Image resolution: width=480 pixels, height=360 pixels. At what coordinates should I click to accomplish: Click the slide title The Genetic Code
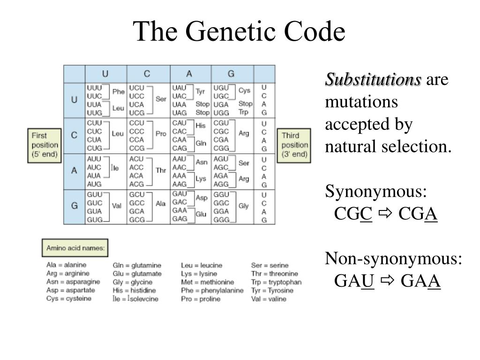point(240,32)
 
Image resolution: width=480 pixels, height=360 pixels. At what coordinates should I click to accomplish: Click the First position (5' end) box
point(45,145)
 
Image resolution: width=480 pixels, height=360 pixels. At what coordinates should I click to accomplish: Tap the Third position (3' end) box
point(294,145)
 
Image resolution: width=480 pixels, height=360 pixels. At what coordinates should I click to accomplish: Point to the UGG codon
point(221,113)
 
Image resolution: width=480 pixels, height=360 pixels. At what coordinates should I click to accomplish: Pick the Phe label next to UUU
point(118,92)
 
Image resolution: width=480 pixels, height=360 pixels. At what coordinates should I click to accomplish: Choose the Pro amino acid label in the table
point(161,134)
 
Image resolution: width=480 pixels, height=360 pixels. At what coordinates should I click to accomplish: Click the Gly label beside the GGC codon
point(244,206)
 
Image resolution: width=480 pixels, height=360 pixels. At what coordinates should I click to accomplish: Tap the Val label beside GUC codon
point(117,206)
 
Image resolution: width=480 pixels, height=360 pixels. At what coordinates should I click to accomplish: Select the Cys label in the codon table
point(244,90)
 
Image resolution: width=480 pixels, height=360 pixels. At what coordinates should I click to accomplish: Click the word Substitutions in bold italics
point(374,80)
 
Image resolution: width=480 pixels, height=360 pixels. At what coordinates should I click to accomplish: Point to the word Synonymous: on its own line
point(376,192)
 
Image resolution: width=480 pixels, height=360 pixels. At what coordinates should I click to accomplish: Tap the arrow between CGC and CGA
point(386,214)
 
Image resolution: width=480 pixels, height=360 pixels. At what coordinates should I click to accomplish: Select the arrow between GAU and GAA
point(387,281)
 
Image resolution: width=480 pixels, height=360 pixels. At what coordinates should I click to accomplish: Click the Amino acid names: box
point(75,248)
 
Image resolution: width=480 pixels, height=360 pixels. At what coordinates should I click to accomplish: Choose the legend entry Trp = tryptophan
point(276,282)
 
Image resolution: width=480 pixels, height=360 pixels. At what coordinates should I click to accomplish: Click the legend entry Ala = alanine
point(66,265)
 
